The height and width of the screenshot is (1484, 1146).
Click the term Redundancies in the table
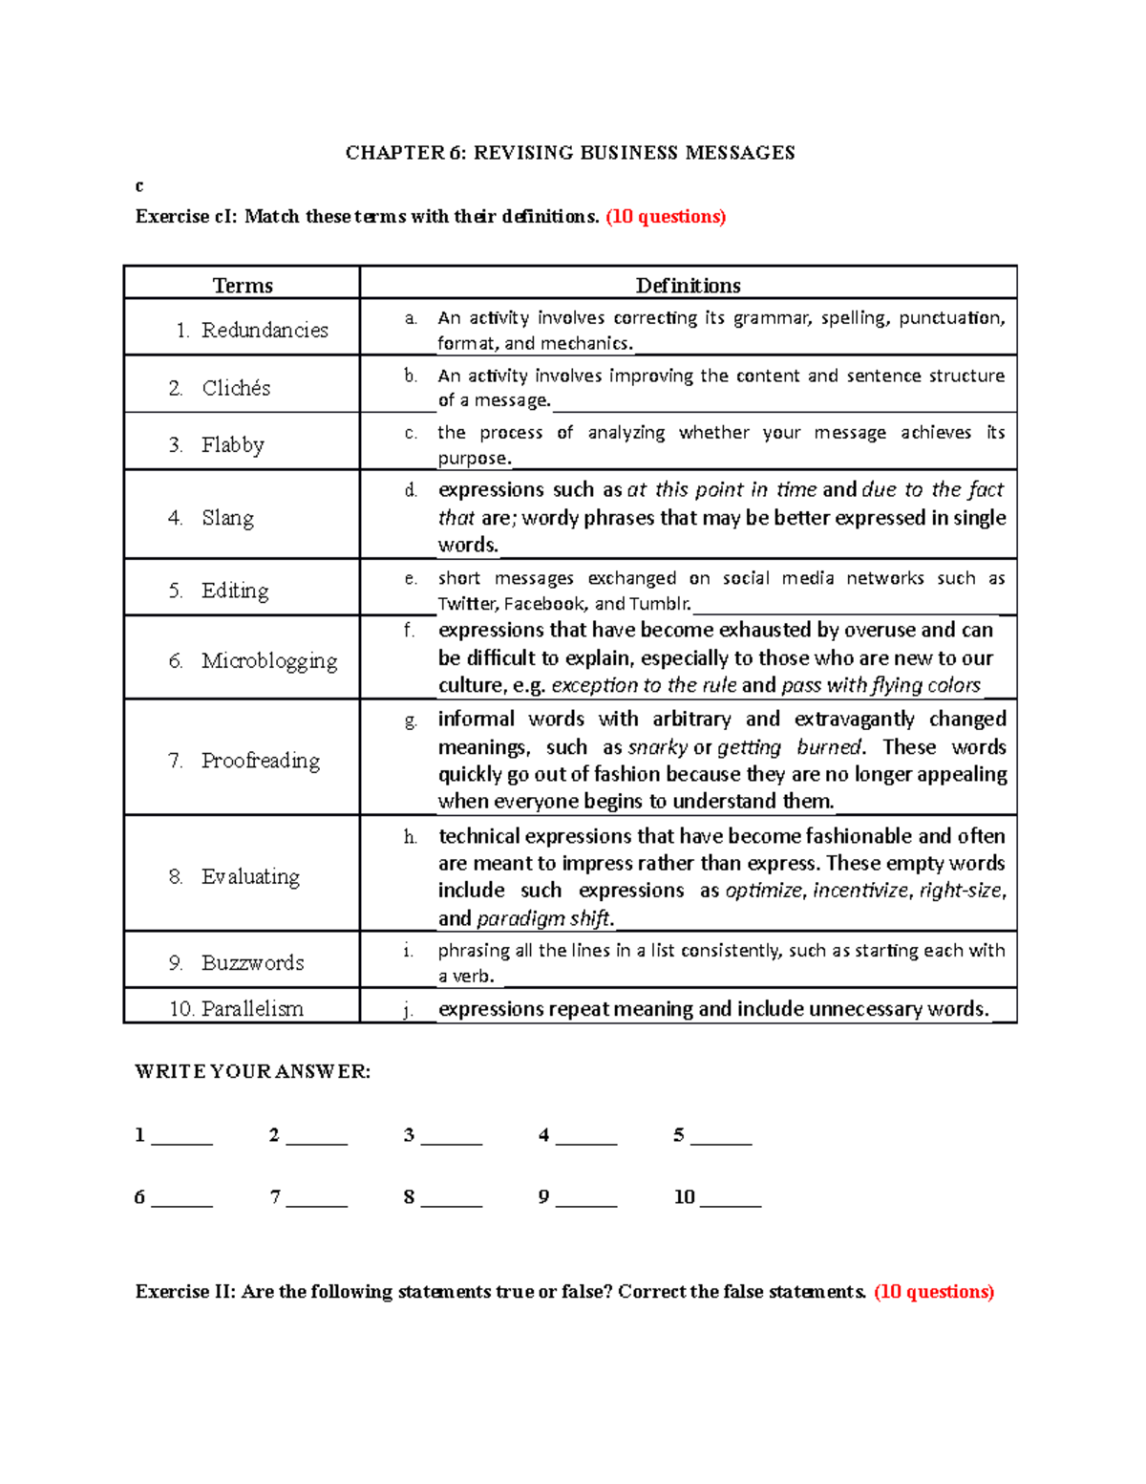265,330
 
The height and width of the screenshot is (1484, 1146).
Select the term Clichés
236,388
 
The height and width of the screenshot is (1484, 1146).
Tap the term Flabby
233,445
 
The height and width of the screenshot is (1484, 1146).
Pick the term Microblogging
269,660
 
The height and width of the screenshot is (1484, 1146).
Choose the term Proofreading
261,761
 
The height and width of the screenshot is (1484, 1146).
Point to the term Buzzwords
253,962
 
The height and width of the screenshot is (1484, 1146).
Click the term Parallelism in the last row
252,1008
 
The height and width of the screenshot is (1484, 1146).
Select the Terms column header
243,285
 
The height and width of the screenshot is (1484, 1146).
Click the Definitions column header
688,285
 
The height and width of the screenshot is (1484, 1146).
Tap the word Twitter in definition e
467,604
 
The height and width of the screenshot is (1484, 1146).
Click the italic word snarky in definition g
657,747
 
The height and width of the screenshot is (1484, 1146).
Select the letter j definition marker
409,1010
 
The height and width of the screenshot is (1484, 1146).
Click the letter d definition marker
411,490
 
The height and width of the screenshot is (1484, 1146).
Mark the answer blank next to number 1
181,1137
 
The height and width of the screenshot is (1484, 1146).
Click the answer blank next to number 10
731,1199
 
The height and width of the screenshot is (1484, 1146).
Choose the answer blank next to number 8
451,1199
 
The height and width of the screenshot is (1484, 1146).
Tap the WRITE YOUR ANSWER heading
253,1071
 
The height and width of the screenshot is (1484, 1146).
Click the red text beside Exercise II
934,1292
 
